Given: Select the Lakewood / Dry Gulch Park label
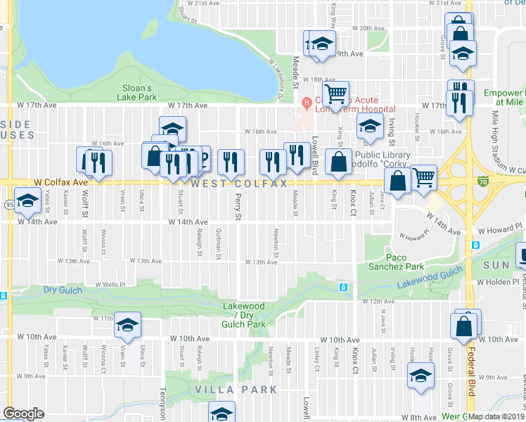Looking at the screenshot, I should (x=244, y=315).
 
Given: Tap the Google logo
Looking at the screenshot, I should (x=23, y=414).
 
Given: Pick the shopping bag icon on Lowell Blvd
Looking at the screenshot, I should (x=339, y=160).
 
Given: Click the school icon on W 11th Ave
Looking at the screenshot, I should (x=128, y=324).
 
